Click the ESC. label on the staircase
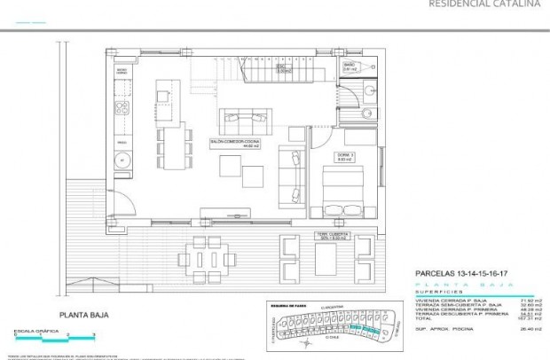point(278,67)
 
